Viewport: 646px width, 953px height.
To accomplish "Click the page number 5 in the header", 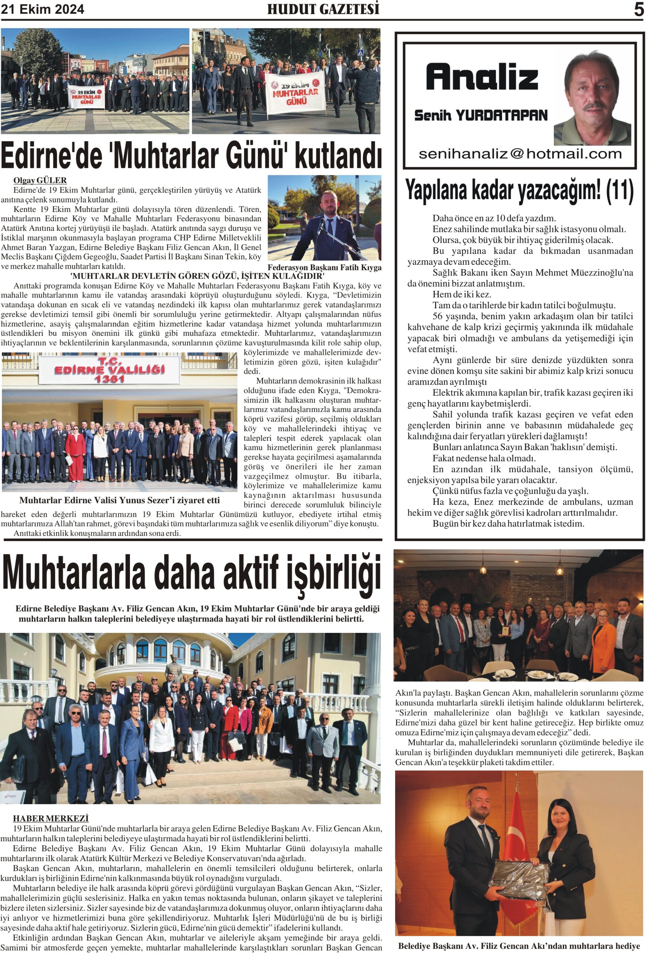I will click(638, 9).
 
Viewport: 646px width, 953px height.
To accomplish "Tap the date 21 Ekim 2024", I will click(43, 9).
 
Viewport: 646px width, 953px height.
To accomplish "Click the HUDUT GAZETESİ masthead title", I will click(323, 9).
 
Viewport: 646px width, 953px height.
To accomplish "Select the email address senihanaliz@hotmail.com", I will click(520, 154).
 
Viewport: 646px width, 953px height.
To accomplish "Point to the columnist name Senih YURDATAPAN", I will click(480, 116).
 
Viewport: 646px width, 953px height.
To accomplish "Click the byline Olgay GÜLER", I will click(40, 181).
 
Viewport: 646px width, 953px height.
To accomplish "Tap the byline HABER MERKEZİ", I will click(51, 819).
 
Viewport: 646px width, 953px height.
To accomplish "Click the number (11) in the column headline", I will click(620, 190).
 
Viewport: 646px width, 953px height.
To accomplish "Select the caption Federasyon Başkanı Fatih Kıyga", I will click(324, 267).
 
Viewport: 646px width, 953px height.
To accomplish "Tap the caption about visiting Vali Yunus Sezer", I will click(119, 500).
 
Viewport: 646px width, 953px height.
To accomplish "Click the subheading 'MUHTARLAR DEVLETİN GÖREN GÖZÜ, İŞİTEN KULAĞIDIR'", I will click(197, 275).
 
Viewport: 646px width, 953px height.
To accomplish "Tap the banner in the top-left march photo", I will click(86, 97).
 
